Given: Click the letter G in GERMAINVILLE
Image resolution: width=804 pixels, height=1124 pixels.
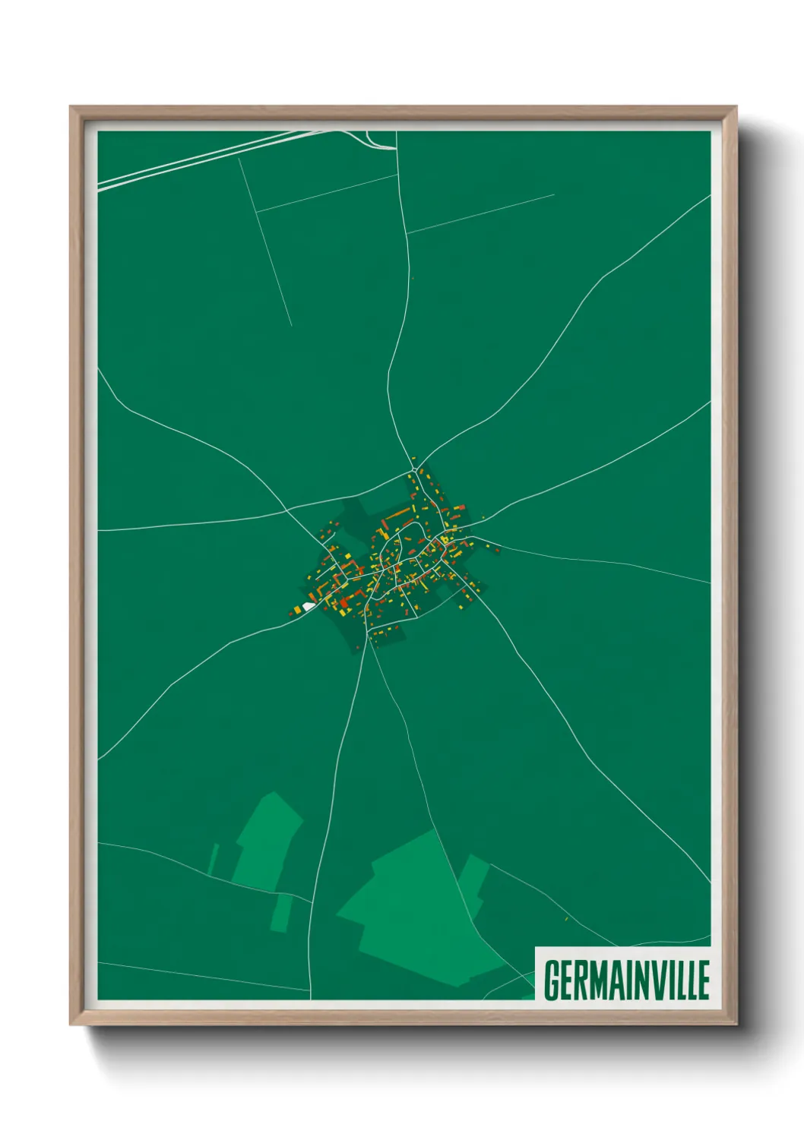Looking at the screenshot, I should point(552,980).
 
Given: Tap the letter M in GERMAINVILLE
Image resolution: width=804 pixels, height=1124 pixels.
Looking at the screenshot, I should point(600,980).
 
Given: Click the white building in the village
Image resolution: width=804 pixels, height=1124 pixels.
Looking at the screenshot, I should point(308,606).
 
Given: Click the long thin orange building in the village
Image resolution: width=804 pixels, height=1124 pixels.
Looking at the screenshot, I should point(397,514).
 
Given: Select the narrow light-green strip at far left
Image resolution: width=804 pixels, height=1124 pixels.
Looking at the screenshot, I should point(214,858).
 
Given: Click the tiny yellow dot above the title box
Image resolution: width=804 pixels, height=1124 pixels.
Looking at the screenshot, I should point(567,919).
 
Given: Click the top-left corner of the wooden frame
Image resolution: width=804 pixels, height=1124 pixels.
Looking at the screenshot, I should point(71,108).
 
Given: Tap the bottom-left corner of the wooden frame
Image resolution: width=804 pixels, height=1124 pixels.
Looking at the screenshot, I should point(71,1022).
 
